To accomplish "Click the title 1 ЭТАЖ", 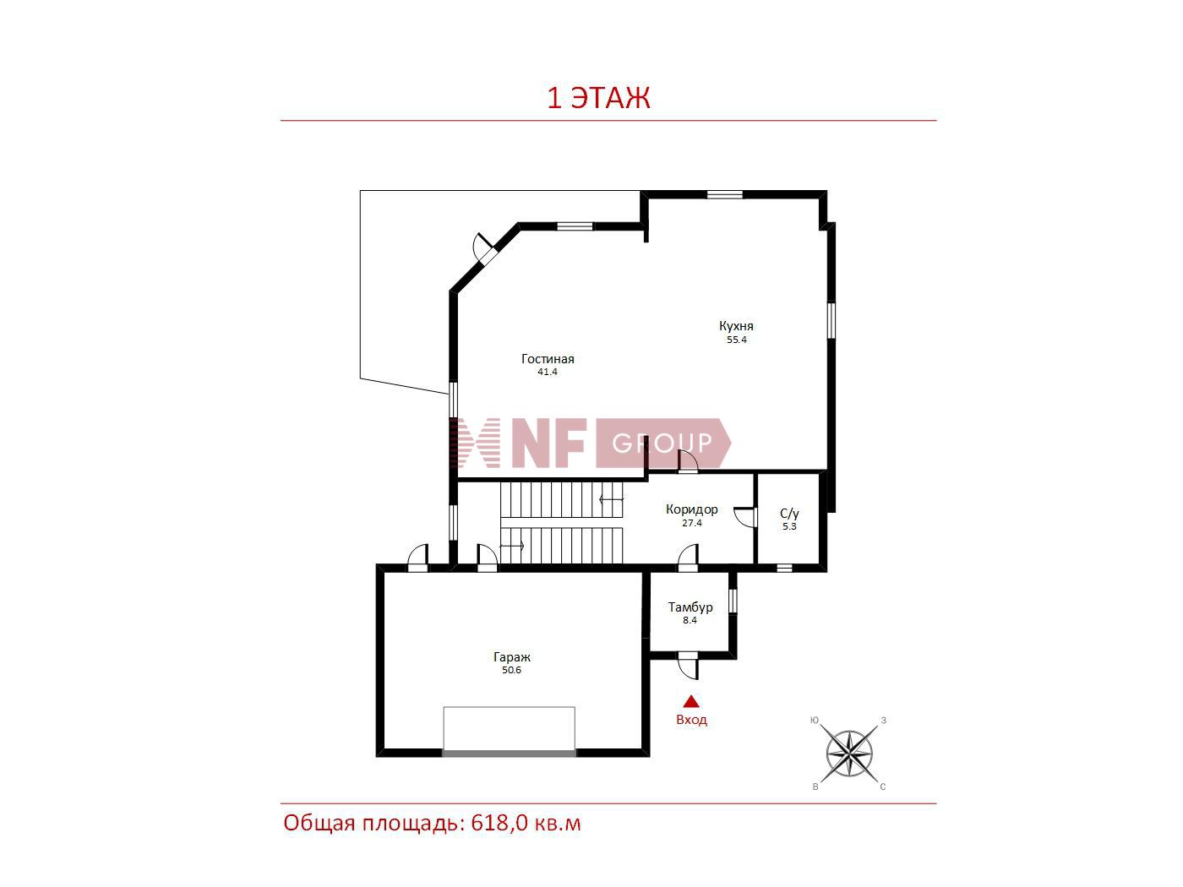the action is point(598,98).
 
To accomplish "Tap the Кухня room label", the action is point(736,325).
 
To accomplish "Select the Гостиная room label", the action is point(548,359).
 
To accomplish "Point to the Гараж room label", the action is point(511,657).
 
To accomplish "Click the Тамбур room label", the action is point(690,607).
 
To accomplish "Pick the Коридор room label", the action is point(691,509).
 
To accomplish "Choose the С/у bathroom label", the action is point(789,514).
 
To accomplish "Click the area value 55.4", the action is point(736,340).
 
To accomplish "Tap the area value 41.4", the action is point(547,372).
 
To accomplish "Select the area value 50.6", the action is point(511,670).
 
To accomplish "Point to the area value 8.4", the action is point(690,620).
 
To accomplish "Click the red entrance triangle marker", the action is point(691,702).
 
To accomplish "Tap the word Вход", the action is point(691,720).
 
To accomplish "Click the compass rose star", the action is point(849,754).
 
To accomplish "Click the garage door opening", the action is point(509,754).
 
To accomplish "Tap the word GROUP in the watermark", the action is point(662,443).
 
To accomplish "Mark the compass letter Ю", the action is point(815,721).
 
